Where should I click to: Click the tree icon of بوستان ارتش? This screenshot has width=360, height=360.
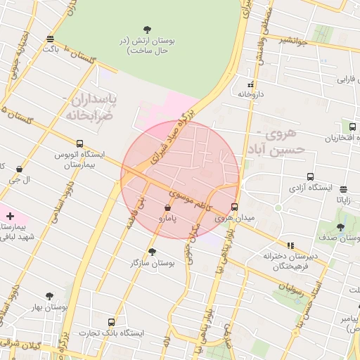tap(147, 30)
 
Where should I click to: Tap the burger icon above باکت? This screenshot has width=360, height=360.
tap(50, 39)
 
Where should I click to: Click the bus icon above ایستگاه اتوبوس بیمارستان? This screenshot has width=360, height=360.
tap(79, 143)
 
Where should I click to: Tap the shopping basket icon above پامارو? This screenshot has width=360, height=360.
tap(167, 208)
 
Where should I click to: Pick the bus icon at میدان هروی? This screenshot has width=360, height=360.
tap(234, 207)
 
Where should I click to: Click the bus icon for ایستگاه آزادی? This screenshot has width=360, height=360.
tap(310, 178)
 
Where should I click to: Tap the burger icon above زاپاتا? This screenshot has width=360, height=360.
tap(343, 189)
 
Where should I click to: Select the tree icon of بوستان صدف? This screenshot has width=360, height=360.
tap(341, 227)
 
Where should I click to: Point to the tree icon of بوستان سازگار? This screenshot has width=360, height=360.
tap(152, 251)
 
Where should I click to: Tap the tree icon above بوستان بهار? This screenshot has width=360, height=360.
tap(49, 296)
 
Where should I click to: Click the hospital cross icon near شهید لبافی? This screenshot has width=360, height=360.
tap(10, 215)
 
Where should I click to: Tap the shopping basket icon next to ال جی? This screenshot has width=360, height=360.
tap(19, 169)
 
